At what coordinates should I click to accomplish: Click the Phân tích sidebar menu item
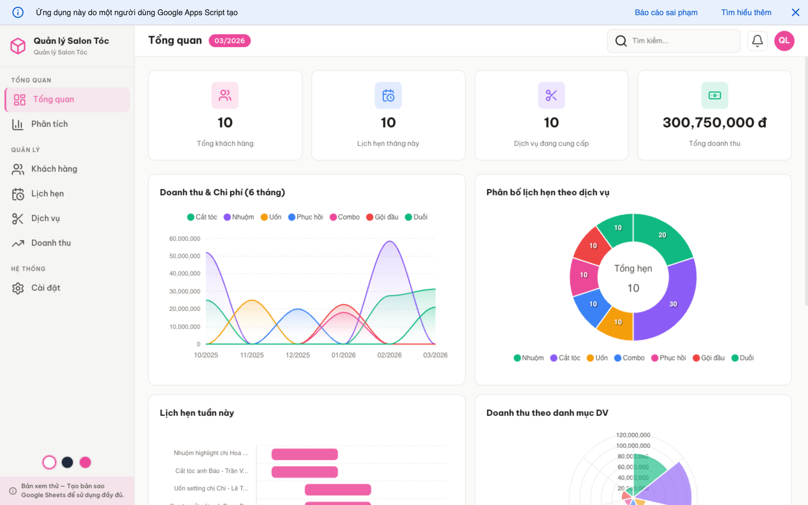49,124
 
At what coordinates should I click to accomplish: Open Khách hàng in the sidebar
54,169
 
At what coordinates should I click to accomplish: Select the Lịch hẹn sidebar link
47,194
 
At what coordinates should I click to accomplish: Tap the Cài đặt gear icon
18,288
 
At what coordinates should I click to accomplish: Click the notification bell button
757,41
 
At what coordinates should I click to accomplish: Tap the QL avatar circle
784,41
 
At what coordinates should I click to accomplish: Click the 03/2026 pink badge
229,41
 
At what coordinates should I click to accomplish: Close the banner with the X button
795,12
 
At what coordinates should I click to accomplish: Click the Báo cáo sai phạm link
666,12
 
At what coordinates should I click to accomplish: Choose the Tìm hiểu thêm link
746,12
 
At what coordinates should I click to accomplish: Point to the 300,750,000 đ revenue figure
714,123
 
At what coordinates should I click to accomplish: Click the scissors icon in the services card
551,95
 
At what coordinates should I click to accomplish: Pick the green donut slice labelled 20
662,235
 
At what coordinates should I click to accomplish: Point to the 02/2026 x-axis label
389,355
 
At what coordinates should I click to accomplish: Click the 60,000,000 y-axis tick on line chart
185,238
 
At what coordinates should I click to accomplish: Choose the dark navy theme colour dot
67,462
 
